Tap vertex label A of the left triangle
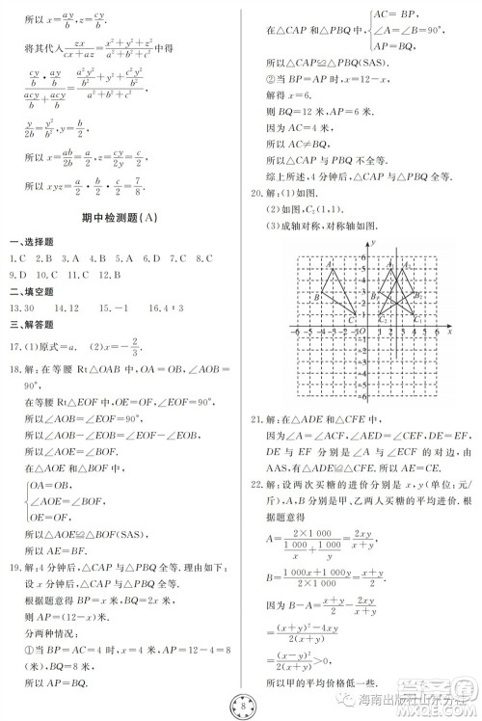(x=330, y=264)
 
